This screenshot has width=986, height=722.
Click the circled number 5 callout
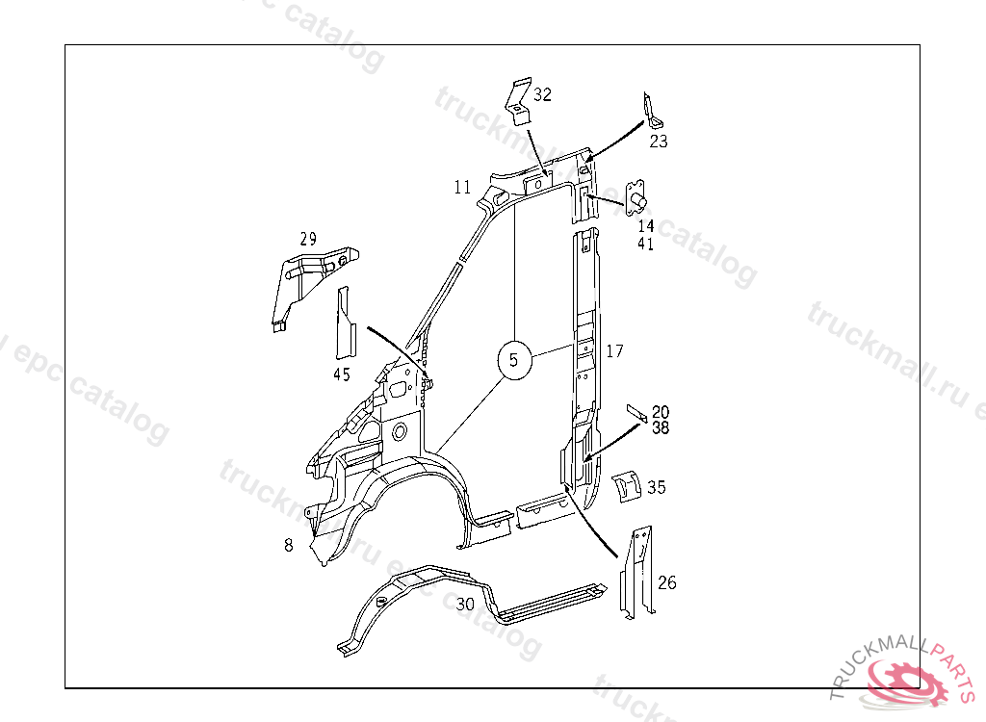click(x=514, y=360)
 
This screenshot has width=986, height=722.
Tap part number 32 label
click(x=543, y=94)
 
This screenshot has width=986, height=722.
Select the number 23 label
click(x=659, y=142)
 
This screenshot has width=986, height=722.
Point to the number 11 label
click(x=463, y=187)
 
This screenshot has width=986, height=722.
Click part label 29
click(x=308, y=239)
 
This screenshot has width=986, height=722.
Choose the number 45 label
click(x=342, y=374)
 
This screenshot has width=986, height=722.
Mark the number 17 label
click(x=615, y=351)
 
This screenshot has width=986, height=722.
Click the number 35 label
click(x=656, y=487)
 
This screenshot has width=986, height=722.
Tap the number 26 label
click(x=667, y=582)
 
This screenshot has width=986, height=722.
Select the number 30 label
click(x=466, y=605)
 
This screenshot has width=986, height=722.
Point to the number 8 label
click(x=288, y=546)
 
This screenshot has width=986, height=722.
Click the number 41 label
click(x=645, y=245)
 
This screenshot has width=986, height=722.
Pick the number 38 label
click(x=661, y=427)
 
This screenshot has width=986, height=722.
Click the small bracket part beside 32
click(x=518, y=102)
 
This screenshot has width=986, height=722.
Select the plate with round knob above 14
click(x=636, y=195)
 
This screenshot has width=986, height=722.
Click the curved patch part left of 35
click(x=627, y=486)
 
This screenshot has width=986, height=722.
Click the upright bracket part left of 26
click(x=636, y=573)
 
